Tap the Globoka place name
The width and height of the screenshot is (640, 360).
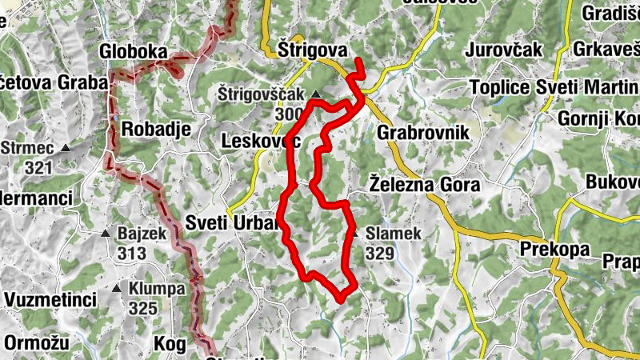[134, 53]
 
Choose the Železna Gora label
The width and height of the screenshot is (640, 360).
[424, 185]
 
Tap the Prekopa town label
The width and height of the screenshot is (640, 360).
[554, 249]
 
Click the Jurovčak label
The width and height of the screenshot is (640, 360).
[504, 50]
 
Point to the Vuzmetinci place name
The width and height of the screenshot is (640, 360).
[50, 300]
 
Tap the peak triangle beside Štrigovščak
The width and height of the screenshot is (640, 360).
[315, 95]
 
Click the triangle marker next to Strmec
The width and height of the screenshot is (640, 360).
[66, 149]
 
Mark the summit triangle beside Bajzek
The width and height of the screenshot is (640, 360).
[106, 234]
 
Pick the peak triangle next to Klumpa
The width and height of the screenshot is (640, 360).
[118, 289]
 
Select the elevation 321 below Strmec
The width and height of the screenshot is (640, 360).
[38, 167]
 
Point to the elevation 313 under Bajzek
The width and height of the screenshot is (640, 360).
[131, 254]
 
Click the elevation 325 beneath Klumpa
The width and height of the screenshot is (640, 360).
[142, 308]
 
